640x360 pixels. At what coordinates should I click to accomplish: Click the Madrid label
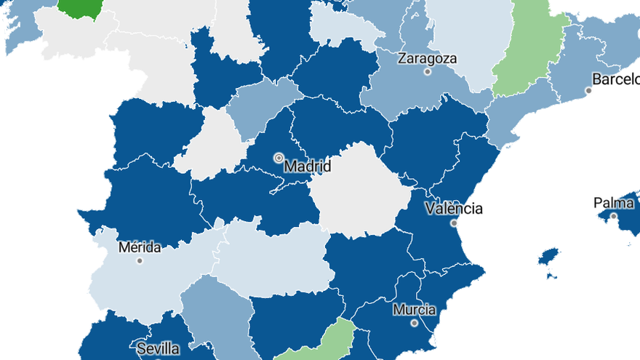point(307,167)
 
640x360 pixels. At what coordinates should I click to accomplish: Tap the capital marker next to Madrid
point(279,157)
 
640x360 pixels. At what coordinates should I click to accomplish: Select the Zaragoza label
point(428,58)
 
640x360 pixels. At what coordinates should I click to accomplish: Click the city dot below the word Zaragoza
point(428,72)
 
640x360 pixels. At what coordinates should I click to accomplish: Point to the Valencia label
point(454,209)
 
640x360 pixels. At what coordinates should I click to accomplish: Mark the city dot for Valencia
point(454,223)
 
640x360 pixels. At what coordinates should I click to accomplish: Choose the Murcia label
point(414,310)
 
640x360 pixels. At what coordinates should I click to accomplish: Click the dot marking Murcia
point(414,323)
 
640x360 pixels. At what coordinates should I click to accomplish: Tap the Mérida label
point(140,247)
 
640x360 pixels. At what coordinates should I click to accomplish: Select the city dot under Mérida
point(140,260)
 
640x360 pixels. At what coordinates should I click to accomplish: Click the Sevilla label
point(157,349)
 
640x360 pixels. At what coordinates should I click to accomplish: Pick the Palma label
point(614,203)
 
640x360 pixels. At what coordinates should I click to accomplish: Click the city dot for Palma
point(614,216)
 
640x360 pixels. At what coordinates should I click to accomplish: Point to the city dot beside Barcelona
point(588,91)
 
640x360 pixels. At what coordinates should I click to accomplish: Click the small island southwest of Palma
point(549,256)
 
